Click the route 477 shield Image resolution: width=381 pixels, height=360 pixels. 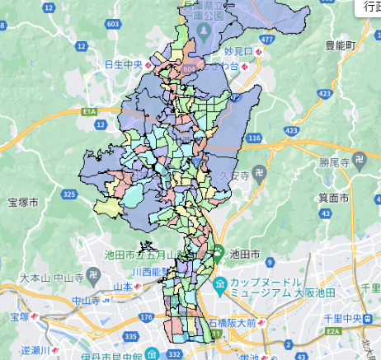266,38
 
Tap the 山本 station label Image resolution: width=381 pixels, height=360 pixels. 122,287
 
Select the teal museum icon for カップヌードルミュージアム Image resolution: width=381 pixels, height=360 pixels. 219,287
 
